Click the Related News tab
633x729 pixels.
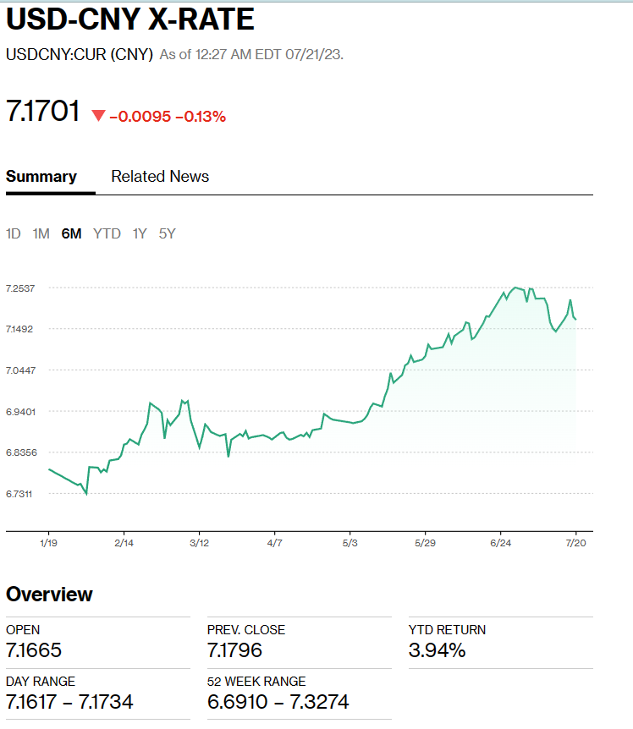(x=160, y=177)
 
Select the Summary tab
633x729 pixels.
(x=41, y=177)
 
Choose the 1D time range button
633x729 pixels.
(x=14, y=233)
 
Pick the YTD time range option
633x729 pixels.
(x=107, y=233)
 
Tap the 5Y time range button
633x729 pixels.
(x=167, y=233)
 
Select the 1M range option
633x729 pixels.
(x=41, y=233)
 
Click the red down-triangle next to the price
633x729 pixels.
(x=98, y=116)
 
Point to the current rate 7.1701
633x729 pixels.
(x=43, y=112)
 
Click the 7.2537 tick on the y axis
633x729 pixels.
(x=20, y=288)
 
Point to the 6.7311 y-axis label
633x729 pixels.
(x=20, y=494)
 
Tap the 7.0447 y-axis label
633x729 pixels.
(x=20, y=370)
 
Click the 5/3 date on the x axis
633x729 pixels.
(x=350, y=543)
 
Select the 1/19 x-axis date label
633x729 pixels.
(x=48, y=543)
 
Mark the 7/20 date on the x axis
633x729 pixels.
(x=576, y=543)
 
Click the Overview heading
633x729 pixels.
(x=49, y=594)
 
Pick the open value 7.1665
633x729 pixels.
(x=34, y=650)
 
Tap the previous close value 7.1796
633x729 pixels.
(x=234, y=650)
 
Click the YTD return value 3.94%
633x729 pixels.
(x=437, y=650)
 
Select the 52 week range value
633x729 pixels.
(x=278, y=702)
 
